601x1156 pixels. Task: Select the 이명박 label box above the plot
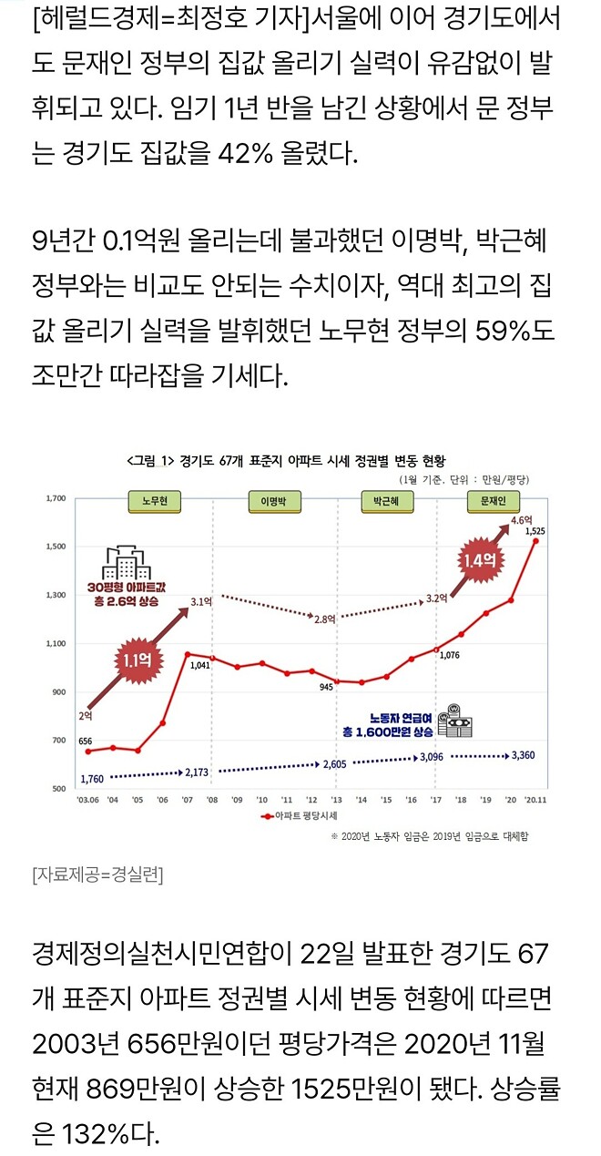[x=273, y=500]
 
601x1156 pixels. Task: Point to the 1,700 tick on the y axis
[x=56, y=499]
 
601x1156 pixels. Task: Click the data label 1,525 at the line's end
[x=536, y=530]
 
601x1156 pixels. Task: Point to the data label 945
[x=325, y=687]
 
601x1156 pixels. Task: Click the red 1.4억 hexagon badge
[x=478, y=562]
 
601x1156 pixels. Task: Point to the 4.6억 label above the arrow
[x=521, y=519]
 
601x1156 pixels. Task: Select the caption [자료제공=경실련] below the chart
[x=98, y=875]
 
